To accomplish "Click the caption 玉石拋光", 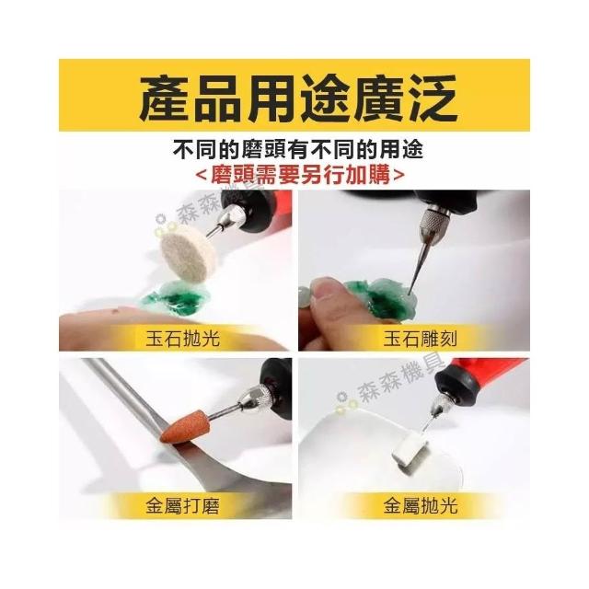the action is tap(182, 339).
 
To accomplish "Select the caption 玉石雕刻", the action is tap(421, 339).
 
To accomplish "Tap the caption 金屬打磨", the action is tap(182, 506).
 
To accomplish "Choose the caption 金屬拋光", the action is tap(421, 506).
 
